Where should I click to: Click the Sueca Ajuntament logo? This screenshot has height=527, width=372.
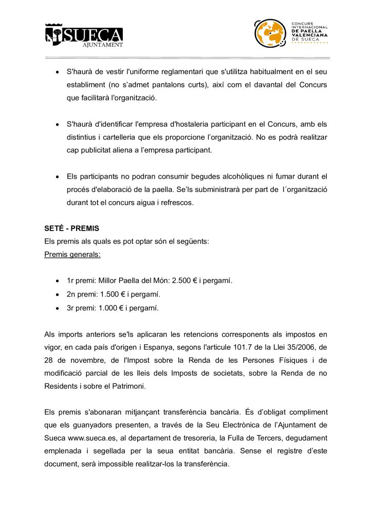[x=84, y=35]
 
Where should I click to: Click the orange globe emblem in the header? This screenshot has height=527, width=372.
[x=270, y=33]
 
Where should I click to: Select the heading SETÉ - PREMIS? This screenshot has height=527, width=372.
[x=72, y=228]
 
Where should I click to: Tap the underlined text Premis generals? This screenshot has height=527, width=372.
[x=72, y=255]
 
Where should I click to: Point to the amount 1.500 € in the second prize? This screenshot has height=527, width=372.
[x=115, y=294]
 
